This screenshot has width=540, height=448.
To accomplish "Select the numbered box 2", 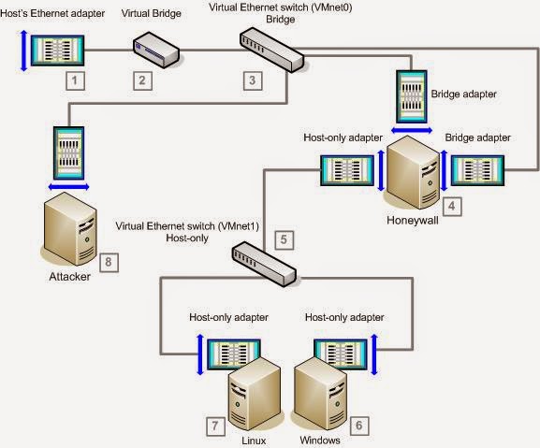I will (143, 80).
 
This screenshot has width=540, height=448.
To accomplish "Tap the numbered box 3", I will (251, 80).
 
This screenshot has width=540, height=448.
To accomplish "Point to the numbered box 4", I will (453, 203).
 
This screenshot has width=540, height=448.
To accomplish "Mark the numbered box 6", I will (356, 423).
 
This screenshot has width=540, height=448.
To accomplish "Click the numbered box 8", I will (109, 262).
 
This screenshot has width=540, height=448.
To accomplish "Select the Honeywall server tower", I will (412, 173).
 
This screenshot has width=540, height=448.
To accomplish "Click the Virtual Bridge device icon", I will (155, 50).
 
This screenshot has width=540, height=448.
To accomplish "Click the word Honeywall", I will (412, 221).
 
